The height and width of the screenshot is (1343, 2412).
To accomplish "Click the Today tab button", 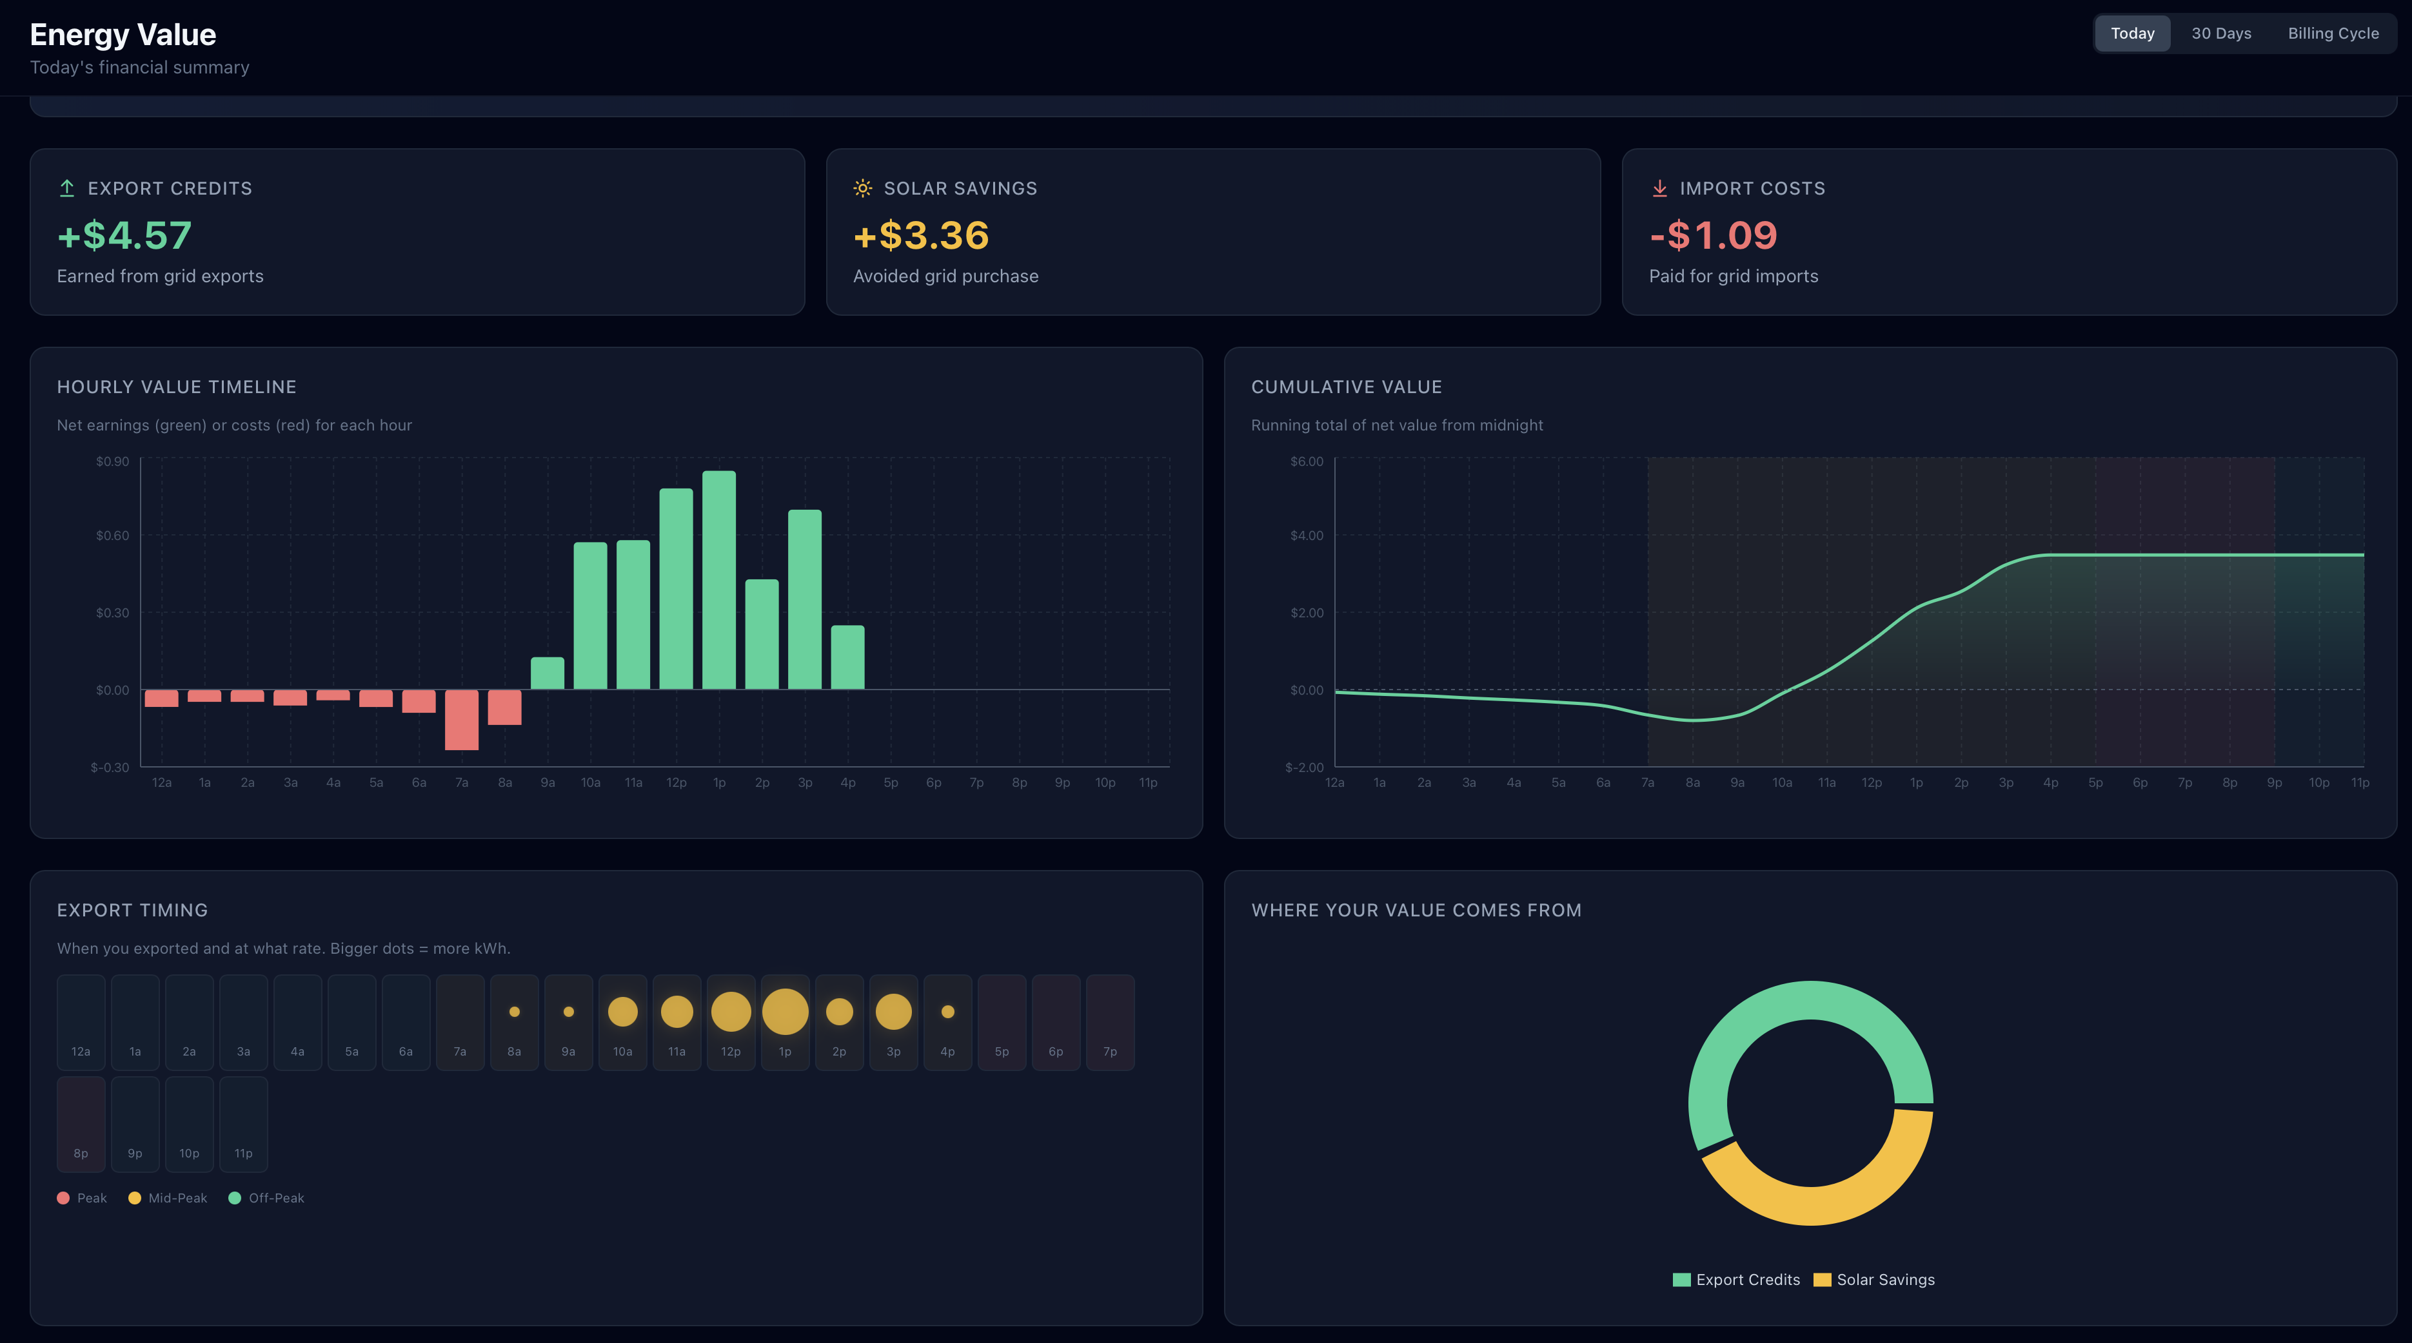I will [2132, 34].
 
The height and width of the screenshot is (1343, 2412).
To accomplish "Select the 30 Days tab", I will [2221, 34].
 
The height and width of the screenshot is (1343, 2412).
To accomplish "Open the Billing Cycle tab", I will [2333, 34].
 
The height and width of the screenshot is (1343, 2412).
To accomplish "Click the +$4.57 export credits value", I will [124, 236].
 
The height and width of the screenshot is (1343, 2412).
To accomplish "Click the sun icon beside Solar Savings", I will [862, 188].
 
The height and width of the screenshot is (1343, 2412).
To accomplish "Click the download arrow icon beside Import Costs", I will [1659, 188].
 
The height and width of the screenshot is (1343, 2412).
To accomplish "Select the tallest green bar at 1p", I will [719, 580].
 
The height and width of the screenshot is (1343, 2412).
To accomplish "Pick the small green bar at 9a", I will [547, 674].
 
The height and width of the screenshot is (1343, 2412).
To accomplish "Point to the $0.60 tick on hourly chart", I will [112, 536].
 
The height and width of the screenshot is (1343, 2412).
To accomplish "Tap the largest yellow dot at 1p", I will [785, 1012].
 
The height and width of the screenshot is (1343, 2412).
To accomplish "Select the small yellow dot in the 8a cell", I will [514, 1012].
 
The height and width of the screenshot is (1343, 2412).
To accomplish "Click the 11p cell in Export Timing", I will [243, 1124].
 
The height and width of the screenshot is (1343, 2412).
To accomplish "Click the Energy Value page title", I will [123, 35].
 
